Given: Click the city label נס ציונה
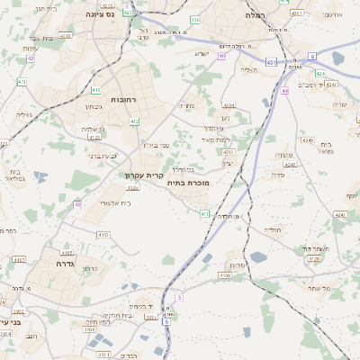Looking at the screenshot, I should (x=99, y=14).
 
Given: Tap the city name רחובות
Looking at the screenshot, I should (x=122, y=99).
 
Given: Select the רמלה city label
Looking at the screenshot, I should (x=256, y=15).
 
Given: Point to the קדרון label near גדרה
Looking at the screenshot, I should (x=90, y=268).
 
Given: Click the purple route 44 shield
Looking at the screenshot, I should (x=284, y=90).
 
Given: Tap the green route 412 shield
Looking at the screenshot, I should (x=135, y=120).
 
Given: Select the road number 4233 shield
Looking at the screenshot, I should (x=229, y=153).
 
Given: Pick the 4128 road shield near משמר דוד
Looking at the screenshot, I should (x=314, y=258).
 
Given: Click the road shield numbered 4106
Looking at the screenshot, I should (x=224, y=275).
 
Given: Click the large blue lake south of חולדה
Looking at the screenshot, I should (x=259, y=257).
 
